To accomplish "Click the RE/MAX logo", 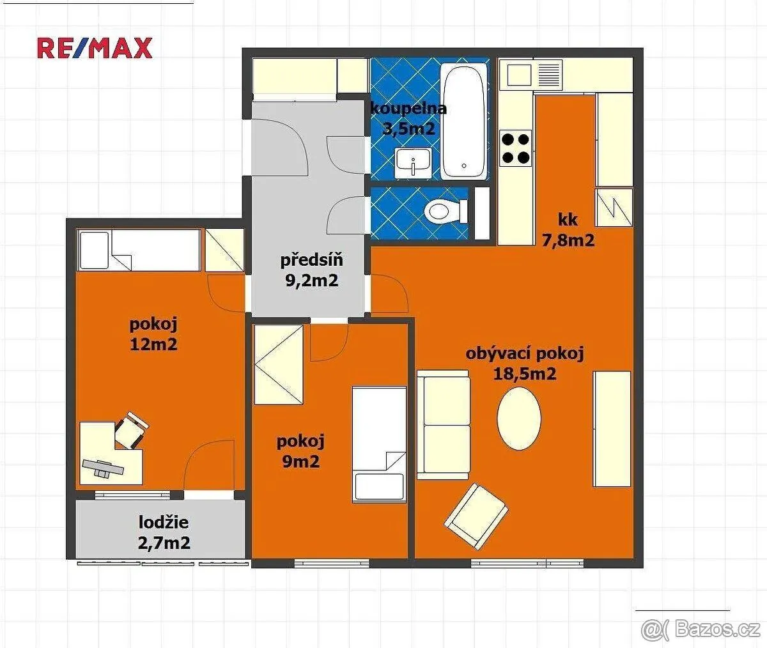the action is point(95,48).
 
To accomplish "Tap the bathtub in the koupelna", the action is point(463,121).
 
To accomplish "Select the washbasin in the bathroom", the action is point(414,163).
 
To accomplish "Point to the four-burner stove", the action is point(515,148).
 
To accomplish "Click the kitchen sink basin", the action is point(520,75).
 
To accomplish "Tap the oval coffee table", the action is point(519,419).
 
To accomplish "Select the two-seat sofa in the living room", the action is point(444,425).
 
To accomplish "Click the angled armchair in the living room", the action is point(476,516).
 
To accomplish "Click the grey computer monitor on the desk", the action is point(103,468).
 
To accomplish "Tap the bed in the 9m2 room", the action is point(379,444).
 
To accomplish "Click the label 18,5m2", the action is point(525,374).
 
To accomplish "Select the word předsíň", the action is point(311,260).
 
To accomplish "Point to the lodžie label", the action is point(164,522).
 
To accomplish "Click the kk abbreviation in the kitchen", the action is point(568,220).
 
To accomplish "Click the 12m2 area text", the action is point(153,344).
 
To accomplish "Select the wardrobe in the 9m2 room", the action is point(279,365).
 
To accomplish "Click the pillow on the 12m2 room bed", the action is point(94,250).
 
